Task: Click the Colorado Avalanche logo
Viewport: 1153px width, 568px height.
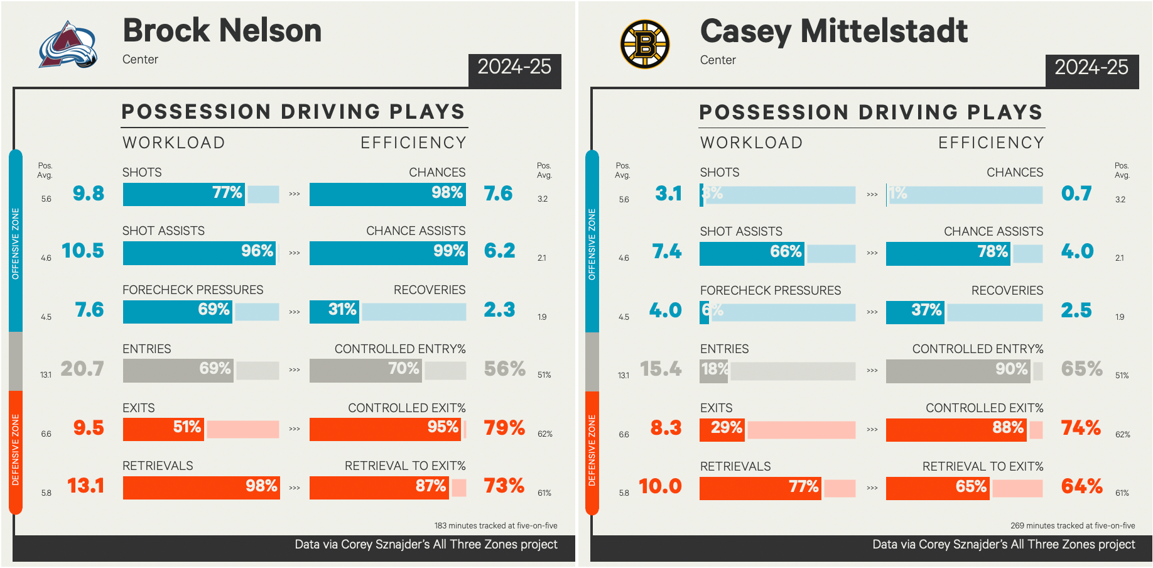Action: [x=68, y=45]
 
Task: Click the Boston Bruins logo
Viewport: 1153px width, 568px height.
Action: [x=645, y=44]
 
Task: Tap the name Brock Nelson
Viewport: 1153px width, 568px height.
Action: [x=222, y=30]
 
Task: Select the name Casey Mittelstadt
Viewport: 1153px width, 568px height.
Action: [x=833, y=31]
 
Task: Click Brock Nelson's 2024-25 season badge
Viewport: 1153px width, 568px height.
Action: [x=514, y=67]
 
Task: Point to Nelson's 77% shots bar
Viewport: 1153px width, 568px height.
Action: [x=183, y=194]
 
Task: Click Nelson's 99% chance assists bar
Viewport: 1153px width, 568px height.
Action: [x=387, y=252]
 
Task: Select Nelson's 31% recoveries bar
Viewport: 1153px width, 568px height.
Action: [x=334, y=311]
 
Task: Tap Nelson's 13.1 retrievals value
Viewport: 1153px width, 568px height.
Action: [x=85, y=486]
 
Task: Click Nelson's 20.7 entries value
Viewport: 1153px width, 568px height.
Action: [x=82, y=369]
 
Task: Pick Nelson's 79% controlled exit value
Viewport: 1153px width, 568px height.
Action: [x=504, y=428]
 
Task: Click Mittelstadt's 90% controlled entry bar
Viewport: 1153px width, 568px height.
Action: [x=958, y=370]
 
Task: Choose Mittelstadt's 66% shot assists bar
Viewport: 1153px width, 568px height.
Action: [x=752, y=253]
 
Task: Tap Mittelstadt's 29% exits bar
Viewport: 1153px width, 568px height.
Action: [x=722, y=429]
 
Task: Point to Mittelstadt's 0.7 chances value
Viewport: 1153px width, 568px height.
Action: [x=1076, y=194]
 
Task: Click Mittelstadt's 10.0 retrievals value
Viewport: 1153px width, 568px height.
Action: [x=660, y=486]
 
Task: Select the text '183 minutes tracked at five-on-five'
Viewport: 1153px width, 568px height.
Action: [x=495, y=525]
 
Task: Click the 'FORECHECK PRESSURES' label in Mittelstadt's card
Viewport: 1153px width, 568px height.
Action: [x=771, y=290]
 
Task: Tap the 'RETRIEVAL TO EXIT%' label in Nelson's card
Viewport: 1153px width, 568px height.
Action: [x=405, y=466]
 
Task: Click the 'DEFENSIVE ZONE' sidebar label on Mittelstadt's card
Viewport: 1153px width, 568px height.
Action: [x=592, y=451]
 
